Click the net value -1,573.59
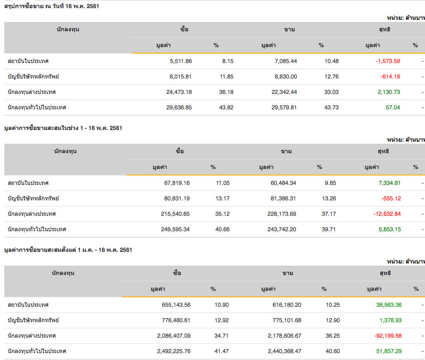click(388, 61)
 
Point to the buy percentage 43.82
click(226, 107)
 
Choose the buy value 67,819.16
click(177, 183)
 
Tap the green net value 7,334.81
click(389, 183)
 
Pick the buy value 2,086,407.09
click(173, 336)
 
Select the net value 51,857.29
click(389, 351)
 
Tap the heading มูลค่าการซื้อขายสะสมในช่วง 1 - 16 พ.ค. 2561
click(63, 128)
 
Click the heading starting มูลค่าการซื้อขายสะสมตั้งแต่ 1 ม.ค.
click(68, 250)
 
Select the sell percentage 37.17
click(329, 214)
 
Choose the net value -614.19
click(390, 76)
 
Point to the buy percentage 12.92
click(222, 320)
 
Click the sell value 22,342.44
click(279, 92)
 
